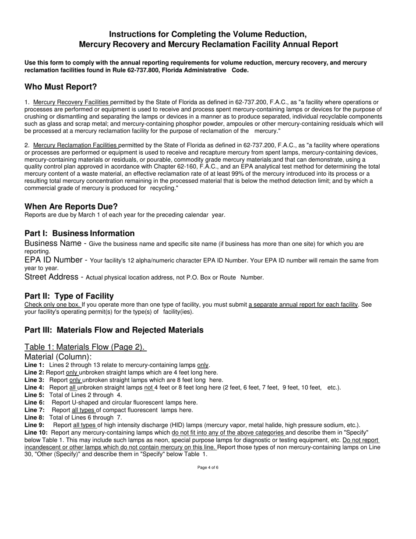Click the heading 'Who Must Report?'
click(x=60, y=87)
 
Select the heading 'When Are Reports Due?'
click(x=71, y=206)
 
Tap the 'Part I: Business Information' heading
click(x=79, y=233)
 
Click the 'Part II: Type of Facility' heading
click(x=69, y=296)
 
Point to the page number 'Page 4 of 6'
click(x=208, y=468)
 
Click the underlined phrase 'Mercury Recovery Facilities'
click(x=71, y=102)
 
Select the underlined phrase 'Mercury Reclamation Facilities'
click(x=75, y=145)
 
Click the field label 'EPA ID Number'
click(x=53, y=260)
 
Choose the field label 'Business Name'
click(x=53, y=243)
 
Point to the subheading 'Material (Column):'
click(x=58, y=357)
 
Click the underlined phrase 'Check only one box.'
click(x=53, y=304)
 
